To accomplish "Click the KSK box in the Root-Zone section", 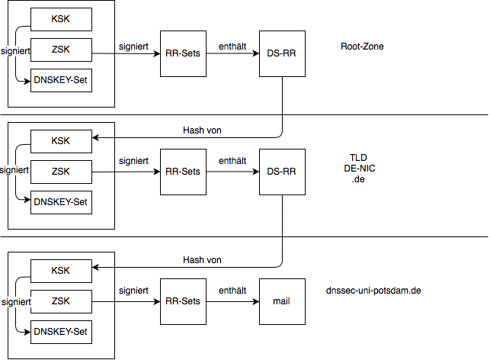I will tap(61, 19).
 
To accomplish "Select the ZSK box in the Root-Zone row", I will tap(61, 50).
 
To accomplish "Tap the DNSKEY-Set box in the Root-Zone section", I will tap(61, 80).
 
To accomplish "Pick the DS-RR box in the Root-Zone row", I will tap(282, 54).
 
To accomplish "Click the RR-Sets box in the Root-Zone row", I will tap(183, 54).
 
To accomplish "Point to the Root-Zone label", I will tap(362, 47).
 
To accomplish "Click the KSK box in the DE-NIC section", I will tap(61, 141).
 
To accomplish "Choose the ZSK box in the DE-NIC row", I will tap(61, 172).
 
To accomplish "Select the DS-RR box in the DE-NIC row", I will tap(282, 172).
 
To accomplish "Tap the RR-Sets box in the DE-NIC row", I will tap(183, 172).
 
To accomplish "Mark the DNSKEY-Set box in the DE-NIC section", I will tap(61, 202).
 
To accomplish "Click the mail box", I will tap(282, 301).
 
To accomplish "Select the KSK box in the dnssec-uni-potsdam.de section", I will tap(61, 271).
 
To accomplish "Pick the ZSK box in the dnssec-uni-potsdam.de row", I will tap(61, 301).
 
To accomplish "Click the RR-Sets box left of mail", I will tap(183, 301).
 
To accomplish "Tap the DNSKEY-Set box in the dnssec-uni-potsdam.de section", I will tap(61, 332).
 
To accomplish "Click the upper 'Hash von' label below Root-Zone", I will tap(202, 130).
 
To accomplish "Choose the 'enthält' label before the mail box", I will tap(232, 291).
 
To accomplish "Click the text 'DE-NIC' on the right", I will tap(359, 168).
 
